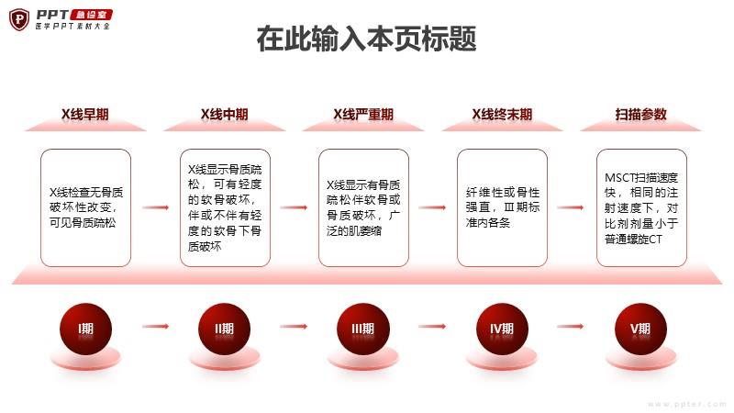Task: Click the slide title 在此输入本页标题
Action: click(x=366, y=39)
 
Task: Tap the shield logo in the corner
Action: click(x=19, y=19)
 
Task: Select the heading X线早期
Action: click(x=85, y=114)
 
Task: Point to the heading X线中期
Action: click(x=224, y=114)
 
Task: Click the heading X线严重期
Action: click(x=363, y=114)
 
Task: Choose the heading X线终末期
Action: click(x=502, y=114)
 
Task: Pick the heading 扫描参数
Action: click(x=640, y=114)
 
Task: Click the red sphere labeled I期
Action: click(x=85, y=329)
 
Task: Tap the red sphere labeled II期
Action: click(x=224, y=329)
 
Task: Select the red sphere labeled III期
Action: click(x=363, y=329)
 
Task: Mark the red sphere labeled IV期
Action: click(x=502, y=329)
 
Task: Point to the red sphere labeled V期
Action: click(x=640, y=329)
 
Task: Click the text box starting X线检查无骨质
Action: click(x=85, y=208)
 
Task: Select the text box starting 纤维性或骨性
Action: click(x=502, y=208)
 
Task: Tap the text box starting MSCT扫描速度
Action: click(x=641, y=208)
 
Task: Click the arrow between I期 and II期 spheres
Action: click(x=155, y=327)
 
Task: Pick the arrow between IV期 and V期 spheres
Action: click(x=571, y=327)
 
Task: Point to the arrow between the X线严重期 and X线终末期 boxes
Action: click(x=432, y=207)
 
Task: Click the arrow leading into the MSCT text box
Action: click(x=571, y=207)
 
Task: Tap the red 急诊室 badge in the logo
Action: click(x=91, y=15)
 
